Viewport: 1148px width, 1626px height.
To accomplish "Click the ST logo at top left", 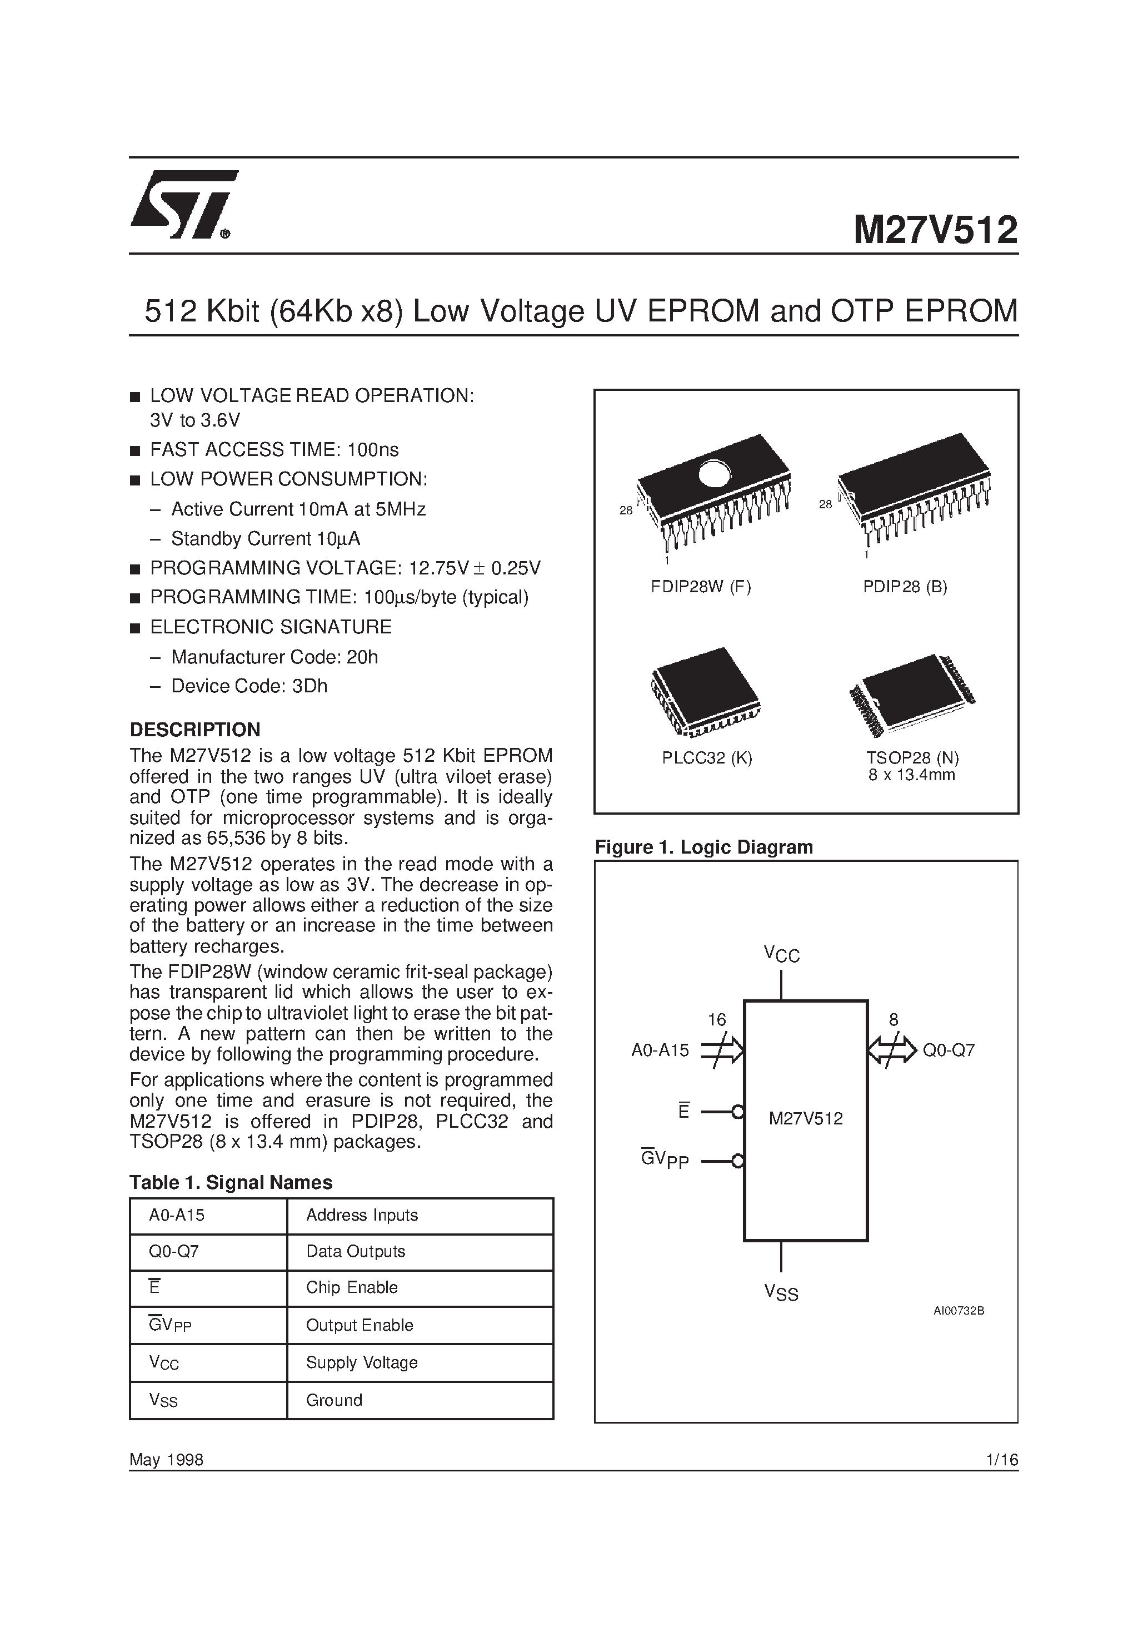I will pyautogui.click(x=183, y=205).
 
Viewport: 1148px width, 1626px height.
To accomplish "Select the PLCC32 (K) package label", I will pyautogui.click(x=707, y=758).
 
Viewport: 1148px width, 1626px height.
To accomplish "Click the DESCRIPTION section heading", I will pyautogui.click(x=194, y=730).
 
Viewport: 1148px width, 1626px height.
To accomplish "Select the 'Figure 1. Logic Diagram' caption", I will pyautogui.click(x=703, y=847).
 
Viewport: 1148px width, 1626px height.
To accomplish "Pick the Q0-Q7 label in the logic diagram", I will pyautogui.click(x=949, y=1050).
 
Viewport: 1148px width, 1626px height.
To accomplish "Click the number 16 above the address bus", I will pyautogui.click(x=717, y=1020).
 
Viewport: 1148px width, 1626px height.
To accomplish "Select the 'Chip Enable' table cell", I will pyautogui.click(x=352, y=1287).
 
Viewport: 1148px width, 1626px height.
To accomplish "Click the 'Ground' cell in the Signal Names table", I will pyautogui.click(x=334, y=1400).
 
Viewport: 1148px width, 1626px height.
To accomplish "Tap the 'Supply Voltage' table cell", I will pyautogui.click(x=362, y=1362).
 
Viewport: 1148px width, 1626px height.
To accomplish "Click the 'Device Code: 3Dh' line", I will pyautogui.click(x=249, y=686).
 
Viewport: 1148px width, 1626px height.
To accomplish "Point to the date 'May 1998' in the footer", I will pyautogui.click(x=166, y=1460).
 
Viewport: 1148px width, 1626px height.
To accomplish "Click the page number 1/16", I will pyautogui.click(x=1001, y=1460).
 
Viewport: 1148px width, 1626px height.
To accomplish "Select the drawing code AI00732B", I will pyautogui.click(x=959, y=1311).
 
